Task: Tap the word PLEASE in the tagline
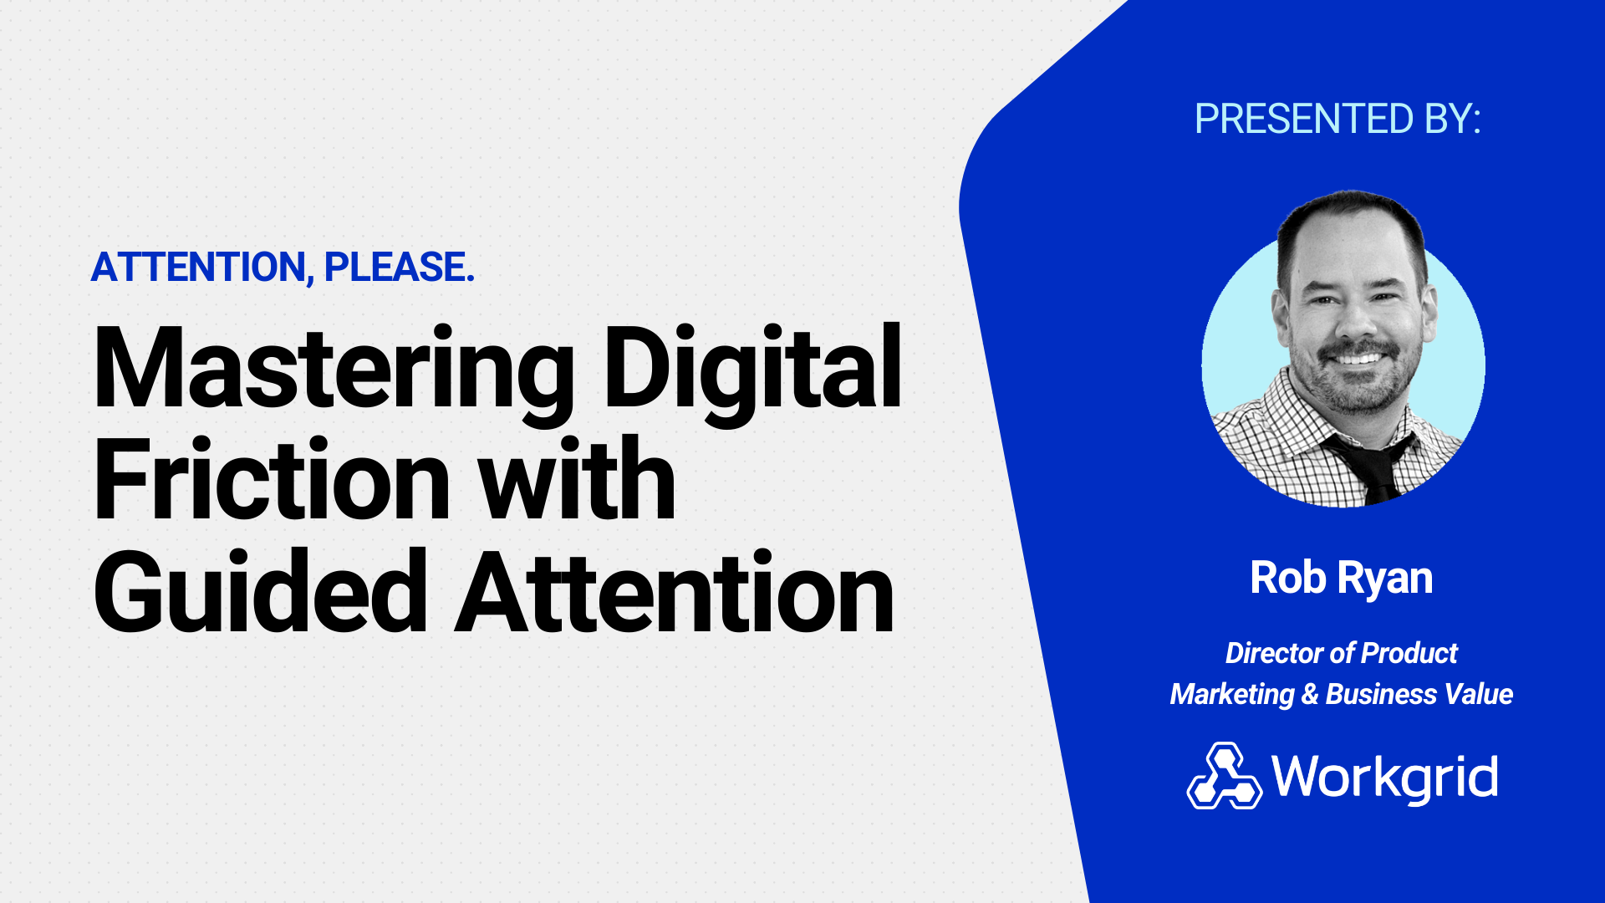[x=400, y=268]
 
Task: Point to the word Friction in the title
[x=273, y=480]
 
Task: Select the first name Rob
[x=1288, y=577]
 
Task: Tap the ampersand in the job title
[x=1310, y=694]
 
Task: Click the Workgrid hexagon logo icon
[x=1225, y=776]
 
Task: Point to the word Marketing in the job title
[x=1232, y=695]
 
